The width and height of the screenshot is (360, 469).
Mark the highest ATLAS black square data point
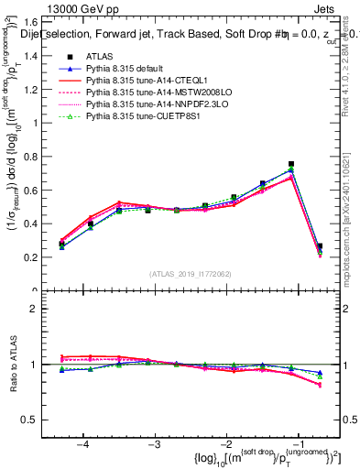tap(291, 164)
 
